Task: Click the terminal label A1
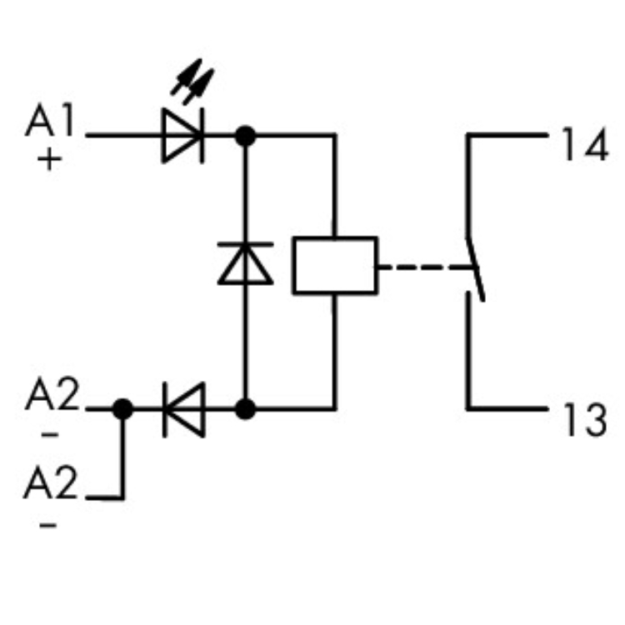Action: point(49,123)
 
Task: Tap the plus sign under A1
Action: point(50,159)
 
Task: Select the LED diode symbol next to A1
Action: point(182,134)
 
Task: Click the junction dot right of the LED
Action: point(245,134)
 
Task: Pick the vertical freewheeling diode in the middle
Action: point(245,263)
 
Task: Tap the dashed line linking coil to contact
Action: point(417,267)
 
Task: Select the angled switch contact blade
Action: point(474,267)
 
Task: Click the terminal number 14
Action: point(584,147)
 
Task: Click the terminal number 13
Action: point(583,422)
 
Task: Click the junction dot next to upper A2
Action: point(123,408)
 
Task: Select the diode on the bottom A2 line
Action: point(183,408)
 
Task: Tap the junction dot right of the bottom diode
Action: point(245,408)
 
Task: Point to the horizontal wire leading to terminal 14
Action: point(508,134)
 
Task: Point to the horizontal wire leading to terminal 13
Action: point(508,408)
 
